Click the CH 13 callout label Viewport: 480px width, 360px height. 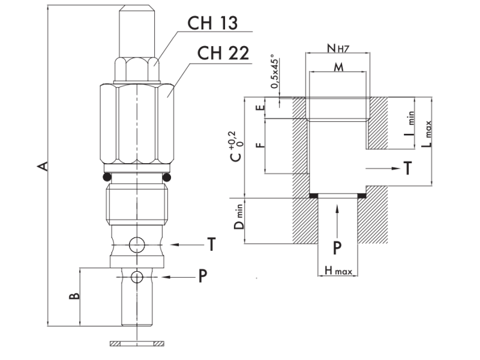tap(212, 23)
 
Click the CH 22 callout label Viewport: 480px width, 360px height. tap(223, 53)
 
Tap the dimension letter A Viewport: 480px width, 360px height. tap(43, 166)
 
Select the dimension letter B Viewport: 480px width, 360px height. tap(74, 296)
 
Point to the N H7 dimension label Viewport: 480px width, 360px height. tap(338, 48)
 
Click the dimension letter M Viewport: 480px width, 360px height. tap(338, 67)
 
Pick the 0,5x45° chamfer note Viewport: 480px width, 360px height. tap(275, 71)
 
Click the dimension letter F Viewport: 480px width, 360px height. tap(260, 145)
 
